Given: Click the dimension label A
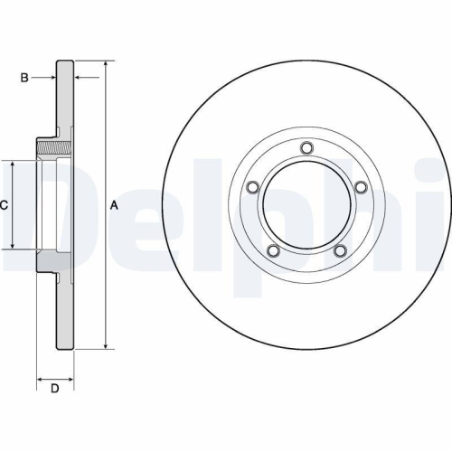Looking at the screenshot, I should pos(114,206).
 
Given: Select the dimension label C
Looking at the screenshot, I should pos(5,206).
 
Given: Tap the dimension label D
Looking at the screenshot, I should pos(54,389).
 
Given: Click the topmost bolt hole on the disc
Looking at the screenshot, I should pos(306,148).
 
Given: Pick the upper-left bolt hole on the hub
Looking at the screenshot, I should pos(254,187).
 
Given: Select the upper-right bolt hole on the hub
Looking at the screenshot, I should pos(360,187).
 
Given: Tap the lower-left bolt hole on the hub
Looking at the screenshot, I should pos(274,250).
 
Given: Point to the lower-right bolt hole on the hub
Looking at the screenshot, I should pos(340,250).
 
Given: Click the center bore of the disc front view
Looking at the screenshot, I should pos(306,206).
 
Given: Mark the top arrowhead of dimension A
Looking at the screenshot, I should pos(107,66).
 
